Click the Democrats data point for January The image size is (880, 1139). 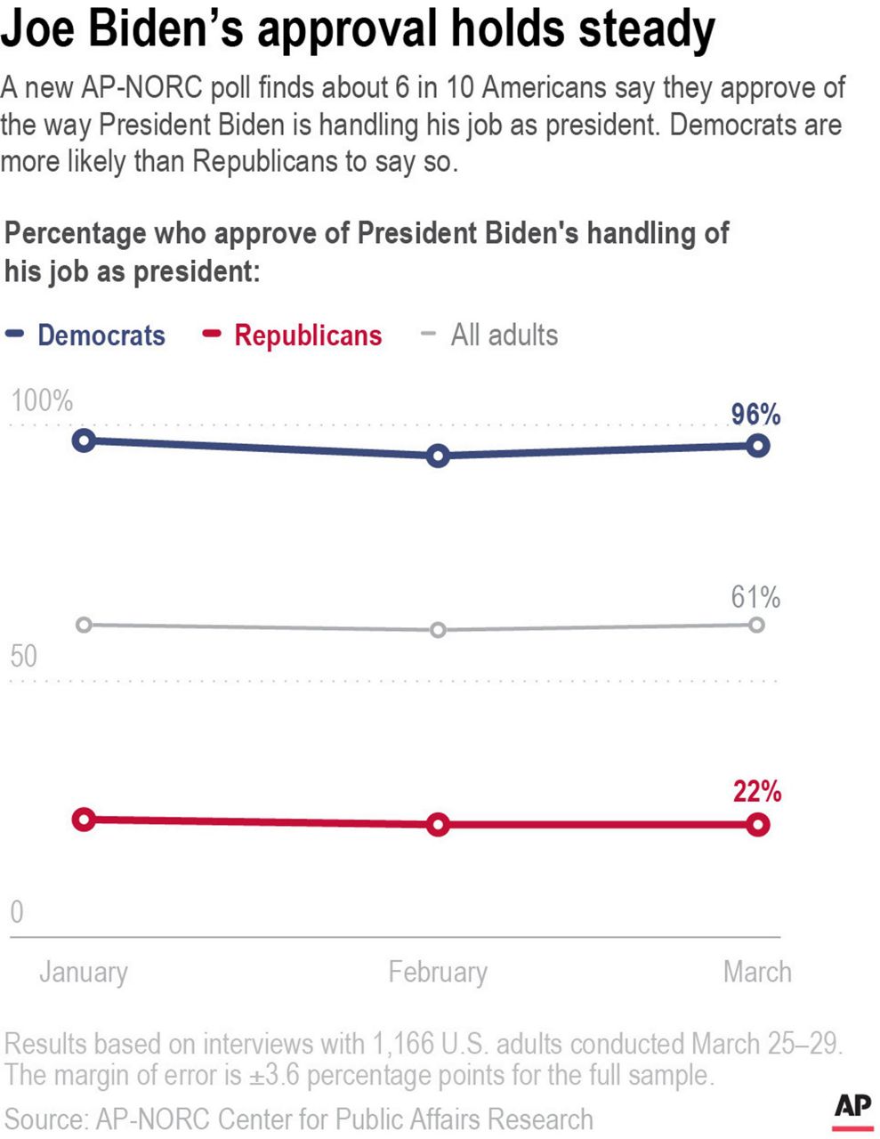click(84, 440)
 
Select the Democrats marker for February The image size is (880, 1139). click(437, 456)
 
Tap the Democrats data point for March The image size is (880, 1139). click(757, 446)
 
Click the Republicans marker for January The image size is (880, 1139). click(84, 820)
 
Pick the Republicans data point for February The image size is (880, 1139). click(437, 825)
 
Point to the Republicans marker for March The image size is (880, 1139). click(757, 825)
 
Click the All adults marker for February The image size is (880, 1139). click(437, 630)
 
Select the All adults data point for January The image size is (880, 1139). click(84, 625)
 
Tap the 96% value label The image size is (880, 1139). click(755, 415)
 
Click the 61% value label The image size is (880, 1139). click(755, 597)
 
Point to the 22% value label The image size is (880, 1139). click(756, 791)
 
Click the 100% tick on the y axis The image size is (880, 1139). click(42, 401)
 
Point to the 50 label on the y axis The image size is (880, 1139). click(24, 657)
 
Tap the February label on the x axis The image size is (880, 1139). click(437, 972)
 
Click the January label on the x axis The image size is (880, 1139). click(84, 972)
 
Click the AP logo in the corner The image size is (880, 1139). click(852, 1110)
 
